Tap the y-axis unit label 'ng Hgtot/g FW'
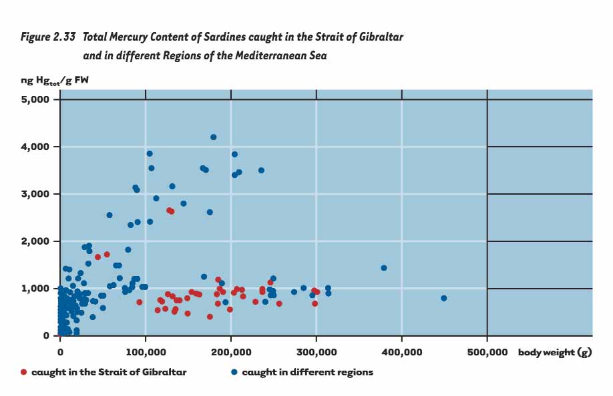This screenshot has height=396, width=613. (x=55, y=81)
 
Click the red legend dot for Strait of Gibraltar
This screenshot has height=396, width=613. (x=24, y=372)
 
